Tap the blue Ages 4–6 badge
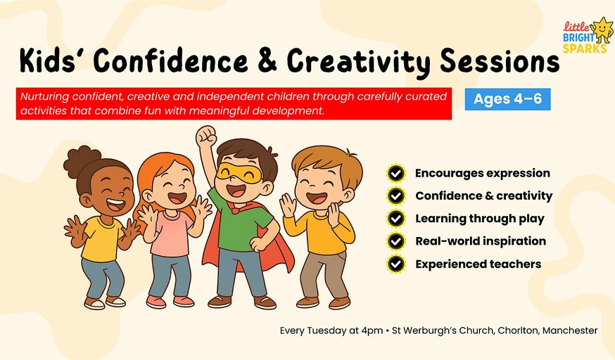point(507,99)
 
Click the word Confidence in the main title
point(170,61)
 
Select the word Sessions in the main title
point(500,61)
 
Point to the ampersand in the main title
point(267,61)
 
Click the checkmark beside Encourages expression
point(396,173)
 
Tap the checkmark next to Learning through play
point(396,219)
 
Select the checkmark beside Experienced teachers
point(396,264)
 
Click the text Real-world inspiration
point(481,241)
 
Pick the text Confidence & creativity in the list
point(483,195)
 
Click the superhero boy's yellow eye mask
point(239,173)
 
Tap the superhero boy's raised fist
point(206,136)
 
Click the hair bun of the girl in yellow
point(82,160)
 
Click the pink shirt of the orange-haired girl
point(172,235)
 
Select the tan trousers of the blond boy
point(324,274)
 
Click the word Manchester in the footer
point(570,330)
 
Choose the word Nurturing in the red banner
point(44,97)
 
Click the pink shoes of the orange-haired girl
point(170,301)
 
